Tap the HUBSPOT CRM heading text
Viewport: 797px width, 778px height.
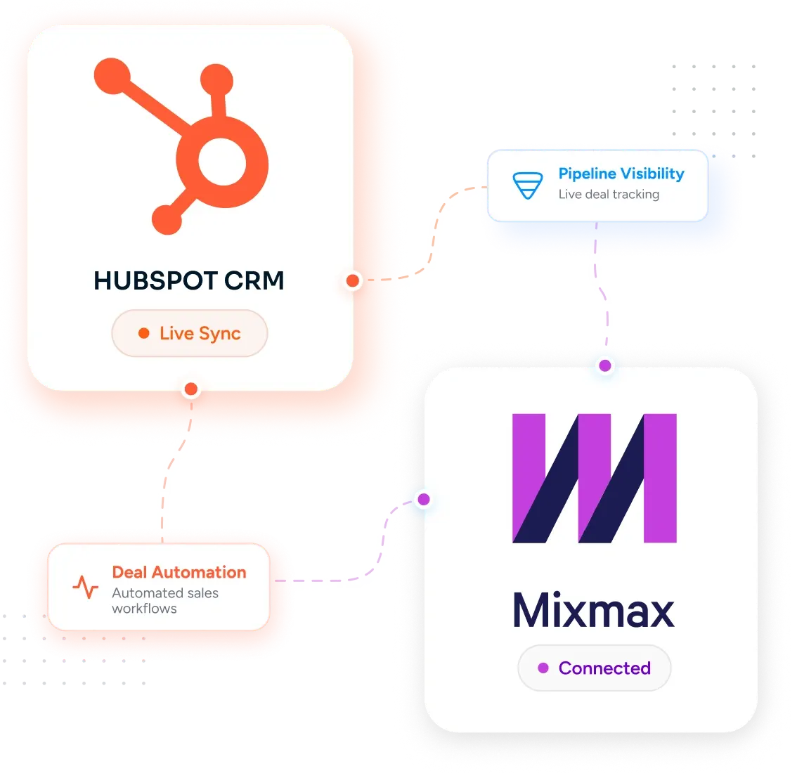(x=188, y=280)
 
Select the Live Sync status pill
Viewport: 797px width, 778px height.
(x=190, y=333)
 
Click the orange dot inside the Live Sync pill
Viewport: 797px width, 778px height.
(x=144, y=333)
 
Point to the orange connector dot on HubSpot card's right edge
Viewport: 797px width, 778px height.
(x=353, y=280)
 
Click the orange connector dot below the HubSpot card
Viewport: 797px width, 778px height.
(x=191, y=389)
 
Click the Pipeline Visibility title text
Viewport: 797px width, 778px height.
(x=621, y=174)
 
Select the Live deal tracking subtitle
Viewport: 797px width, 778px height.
(x=609, y=194)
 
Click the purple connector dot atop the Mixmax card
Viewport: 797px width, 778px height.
(x=605, y=365)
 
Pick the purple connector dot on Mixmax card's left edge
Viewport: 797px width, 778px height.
(x=424, y=499)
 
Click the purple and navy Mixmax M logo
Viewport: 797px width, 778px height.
(x=595, y=478)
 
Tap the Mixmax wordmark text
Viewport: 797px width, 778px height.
(x=594, y=610)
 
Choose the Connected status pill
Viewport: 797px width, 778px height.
(x=594, y=668)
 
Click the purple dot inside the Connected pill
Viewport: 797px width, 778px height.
(x=543, y=668)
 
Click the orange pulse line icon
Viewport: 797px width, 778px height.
(x=86, y=587)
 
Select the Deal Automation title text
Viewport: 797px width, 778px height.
(x=179, y=572)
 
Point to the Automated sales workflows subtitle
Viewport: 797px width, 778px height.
(x=165, y=601)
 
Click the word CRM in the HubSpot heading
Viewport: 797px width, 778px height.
(x=254, y=280)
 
